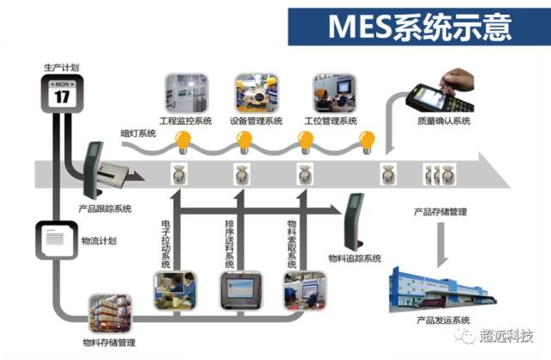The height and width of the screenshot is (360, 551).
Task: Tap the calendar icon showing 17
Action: (62, 91)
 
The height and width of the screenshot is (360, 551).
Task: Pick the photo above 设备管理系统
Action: (257, 93)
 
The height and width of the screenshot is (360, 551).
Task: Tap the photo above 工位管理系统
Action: (331, 93)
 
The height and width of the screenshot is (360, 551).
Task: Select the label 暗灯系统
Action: (138, 133)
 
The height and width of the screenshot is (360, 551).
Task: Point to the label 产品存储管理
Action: (439, 211)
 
